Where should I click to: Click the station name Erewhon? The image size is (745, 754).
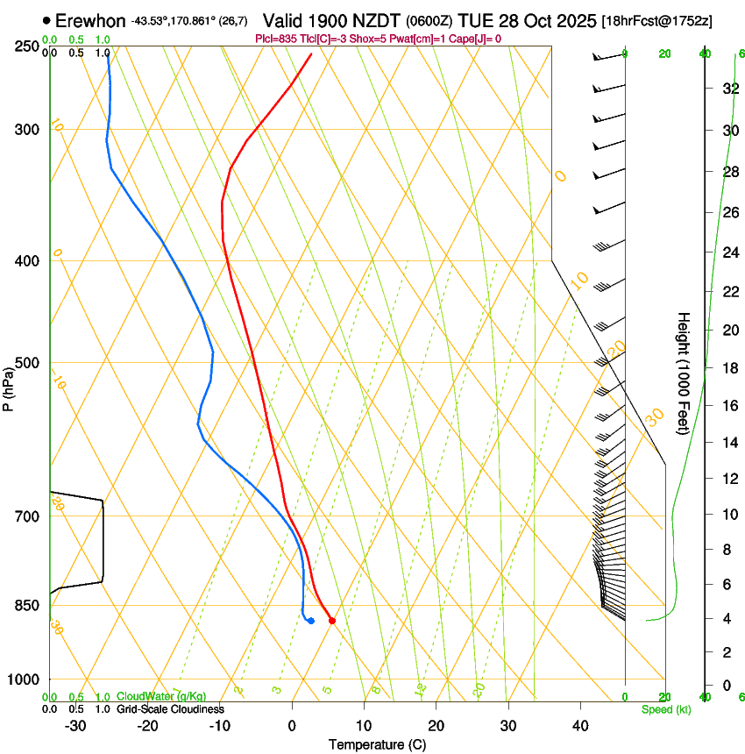pyautogui.click(x=90, y=20)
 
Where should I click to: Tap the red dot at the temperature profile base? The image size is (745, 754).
pyautogui.click(x=332, y=621)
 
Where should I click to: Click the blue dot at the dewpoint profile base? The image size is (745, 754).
pyautogui.click(x=311, y=621)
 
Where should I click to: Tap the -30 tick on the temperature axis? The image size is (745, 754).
pyautogui.click(x=75, y=725)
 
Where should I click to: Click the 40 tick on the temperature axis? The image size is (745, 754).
pyautogui.click(x=579, y=725)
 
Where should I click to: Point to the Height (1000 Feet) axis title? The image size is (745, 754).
pyautogui.click(x=685, y=373)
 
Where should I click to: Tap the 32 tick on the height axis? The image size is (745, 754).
pyautogui.click(x=728, y=88)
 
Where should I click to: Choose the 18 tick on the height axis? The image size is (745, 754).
pyautogui.click(x=728, y=368)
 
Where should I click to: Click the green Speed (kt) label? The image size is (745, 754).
pyautogui.click(x=665, y=708)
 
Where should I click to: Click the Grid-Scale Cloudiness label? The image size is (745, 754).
pyautogui.click(x=170, y=708)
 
